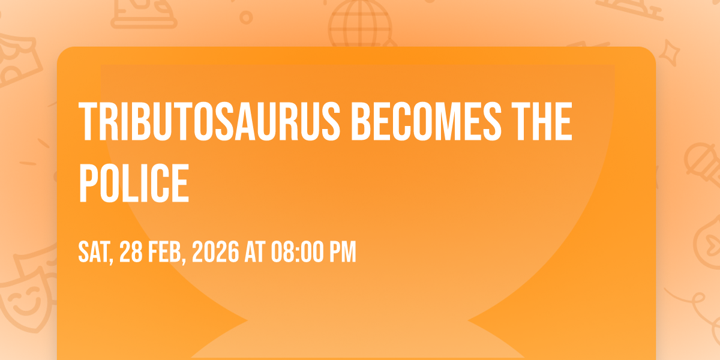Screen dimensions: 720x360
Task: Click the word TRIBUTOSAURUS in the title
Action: click(209, 121)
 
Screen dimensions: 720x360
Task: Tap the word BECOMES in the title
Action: click(427, 121)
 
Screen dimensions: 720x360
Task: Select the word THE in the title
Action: click(542, 121)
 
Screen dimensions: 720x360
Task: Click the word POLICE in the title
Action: click(134, 183)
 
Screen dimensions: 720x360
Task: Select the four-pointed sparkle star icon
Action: click(669, 53)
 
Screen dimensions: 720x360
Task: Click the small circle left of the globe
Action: click(246, 17)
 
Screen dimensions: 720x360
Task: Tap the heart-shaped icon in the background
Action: click(709, 242)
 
